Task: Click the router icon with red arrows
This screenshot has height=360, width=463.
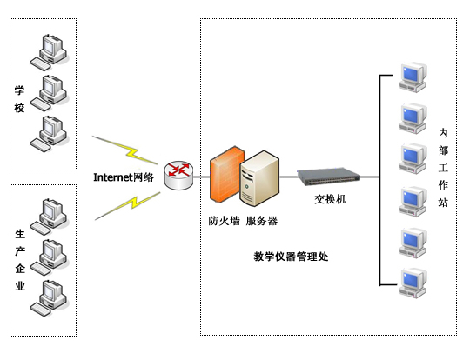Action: (x=179, y=176)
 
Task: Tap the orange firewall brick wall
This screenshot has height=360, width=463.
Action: (x=225, y=175)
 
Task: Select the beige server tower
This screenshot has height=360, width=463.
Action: (x=259, y=178)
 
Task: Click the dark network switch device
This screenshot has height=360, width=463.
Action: (x=329, y=177)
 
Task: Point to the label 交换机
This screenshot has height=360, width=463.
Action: (x=330, y=199)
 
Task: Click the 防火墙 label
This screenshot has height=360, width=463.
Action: (x=224, y=221)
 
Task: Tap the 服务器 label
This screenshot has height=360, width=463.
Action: (x=262, y=221)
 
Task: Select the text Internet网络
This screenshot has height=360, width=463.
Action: (x=124, y=177)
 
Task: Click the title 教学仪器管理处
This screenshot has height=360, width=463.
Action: (x=291, y=257)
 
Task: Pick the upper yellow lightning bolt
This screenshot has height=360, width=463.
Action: (x=125, y=150)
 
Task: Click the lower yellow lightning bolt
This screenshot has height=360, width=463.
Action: (x=128, y=206)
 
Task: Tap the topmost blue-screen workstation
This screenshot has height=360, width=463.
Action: (x=413, y=77)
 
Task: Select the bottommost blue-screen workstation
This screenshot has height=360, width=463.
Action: (x=413, y=283)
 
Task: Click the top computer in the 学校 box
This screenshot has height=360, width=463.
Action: (x=49, y=52)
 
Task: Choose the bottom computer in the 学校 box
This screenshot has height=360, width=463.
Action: (x=49, y=134)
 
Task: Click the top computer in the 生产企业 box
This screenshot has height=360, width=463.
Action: (x=49, y=217)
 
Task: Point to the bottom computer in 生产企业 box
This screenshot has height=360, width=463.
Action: (x=49, y=298)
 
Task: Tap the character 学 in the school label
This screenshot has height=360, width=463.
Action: (x=19, y=90)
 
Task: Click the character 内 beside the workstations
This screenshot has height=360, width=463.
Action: (x=443, y=133)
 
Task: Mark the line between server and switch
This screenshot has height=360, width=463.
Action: (x=288, y=177)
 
